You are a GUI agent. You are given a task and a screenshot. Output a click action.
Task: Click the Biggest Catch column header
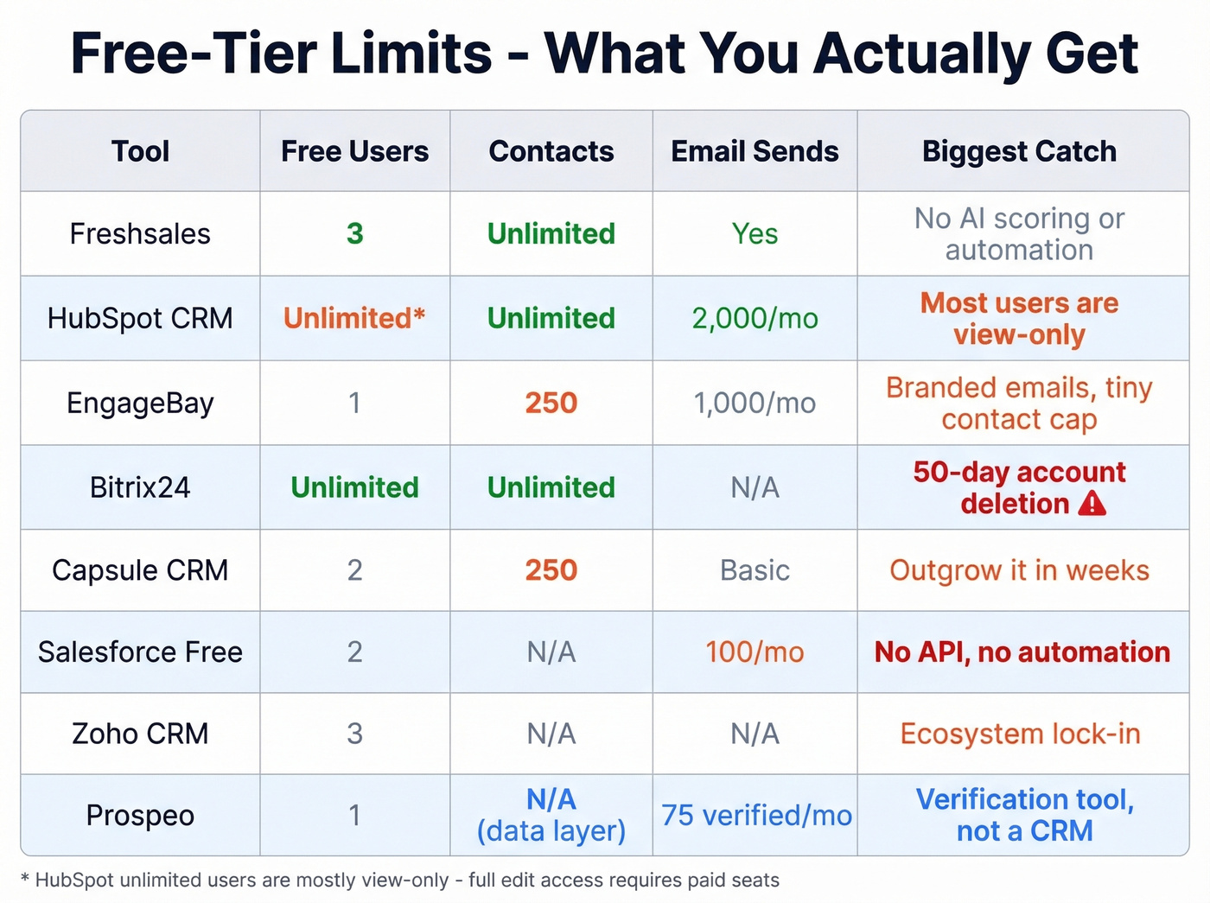click(1019, 151)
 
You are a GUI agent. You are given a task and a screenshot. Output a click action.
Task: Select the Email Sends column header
click(755, 151)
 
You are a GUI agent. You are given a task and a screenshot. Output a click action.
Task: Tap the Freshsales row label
click(140, 233)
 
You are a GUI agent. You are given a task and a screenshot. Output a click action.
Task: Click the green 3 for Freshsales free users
click(354, 233)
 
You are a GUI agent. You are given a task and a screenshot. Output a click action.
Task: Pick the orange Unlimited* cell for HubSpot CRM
click(354, 318)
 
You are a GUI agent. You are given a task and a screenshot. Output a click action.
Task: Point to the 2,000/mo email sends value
click(755, 318)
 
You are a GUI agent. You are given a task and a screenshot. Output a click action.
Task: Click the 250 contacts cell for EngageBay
click(551, 403)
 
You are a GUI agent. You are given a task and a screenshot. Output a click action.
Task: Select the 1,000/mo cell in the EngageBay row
click(755, 403)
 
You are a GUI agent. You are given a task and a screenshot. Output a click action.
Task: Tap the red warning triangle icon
click(1092, 503)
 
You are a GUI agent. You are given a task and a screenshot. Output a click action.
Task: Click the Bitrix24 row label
click(140, 487)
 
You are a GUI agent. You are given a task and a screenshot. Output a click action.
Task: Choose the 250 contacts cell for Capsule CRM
click(551, 570)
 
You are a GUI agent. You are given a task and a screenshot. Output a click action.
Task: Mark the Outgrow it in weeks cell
click(1019, 570)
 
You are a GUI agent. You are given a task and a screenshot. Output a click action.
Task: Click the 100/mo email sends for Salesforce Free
click(755, 652)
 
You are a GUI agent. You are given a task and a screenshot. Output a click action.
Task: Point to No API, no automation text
click(1022, 652)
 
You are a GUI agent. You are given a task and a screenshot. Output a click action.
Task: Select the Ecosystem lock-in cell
click(1020, 734)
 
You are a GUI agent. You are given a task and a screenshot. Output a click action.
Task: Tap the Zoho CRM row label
click(140, 734)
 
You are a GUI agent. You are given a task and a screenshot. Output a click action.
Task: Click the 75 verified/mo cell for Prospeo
click(756, 815)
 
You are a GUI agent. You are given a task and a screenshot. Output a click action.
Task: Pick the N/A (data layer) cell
click(551, 815)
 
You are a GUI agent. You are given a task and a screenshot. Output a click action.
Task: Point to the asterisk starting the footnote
click(25, 880)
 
